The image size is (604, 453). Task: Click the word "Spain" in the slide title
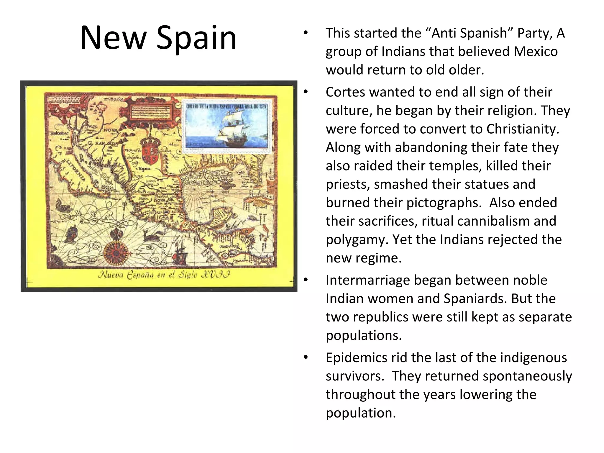pos(196,38)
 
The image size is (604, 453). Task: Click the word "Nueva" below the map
pos(110,275)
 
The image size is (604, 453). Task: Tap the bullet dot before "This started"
pos(306,33)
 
